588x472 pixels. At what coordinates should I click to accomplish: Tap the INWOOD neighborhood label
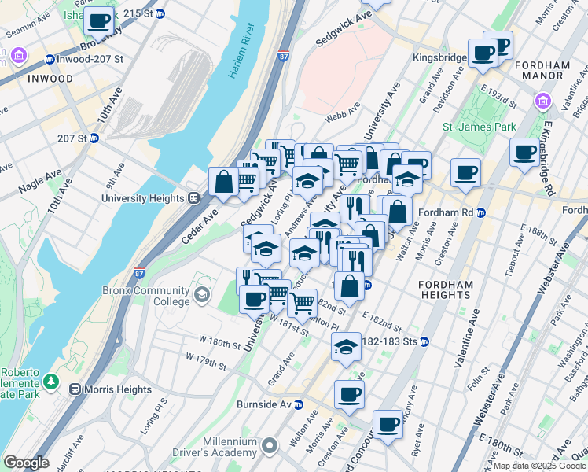click(x=50, y=79)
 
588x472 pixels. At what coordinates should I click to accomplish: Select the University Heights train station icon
click(x=194, y=198)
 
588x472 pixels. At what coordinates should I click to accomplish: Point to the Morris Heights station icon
click(x=76, y=389)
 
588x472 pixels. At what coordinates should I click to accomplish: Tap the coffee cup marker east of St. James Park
click(x=524, y=153)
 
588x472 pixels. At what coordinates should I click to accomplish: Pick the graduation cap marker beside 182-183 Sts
click(x=346, y=346)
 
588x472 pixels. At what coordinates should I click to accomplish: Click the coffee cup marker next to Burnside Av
click(x=349, y=394)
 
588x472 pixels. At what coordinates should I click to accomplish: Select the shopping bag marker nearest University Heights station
click(x=224, y=182)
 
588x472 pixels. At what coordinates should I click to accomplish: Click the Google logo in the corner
click(x=26, y=463)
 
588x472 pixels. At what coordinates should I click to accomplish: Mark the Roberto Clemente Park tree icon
click(x=52, y=381)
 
